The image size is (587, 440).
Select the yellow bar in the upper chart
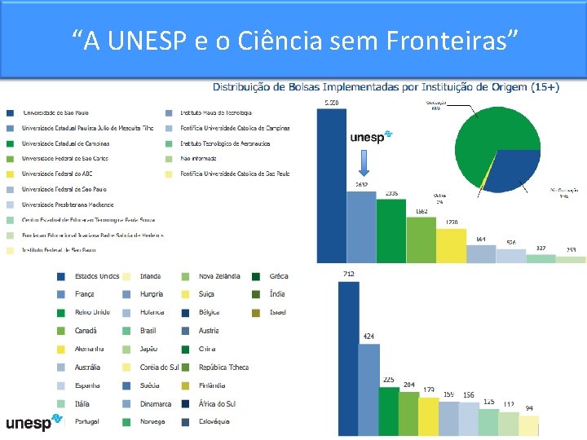point(451,245)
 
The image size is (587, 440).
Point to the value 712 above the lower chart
point(348,274)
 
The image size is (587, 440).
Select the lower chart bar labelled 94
point(529,425)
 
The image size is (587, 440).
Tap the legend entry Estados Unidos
point(96,276)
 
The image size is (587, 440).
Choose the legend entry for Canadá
point(86,331)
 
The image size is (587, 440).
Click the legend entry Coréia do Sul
point(160,367)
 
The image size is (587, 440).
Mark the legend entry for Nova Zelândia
point(219,276)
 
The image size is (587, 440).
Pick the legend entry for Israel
point(277,312)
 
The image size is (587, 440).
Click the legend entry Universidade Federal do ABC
point(60,174)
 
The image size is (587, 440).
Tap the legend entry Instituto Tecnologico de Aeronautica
point(225,143)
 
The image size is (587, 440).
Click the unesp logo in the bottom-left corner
point(33,422)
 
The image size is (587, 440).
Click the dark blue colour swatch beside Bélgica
point(187,312)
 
